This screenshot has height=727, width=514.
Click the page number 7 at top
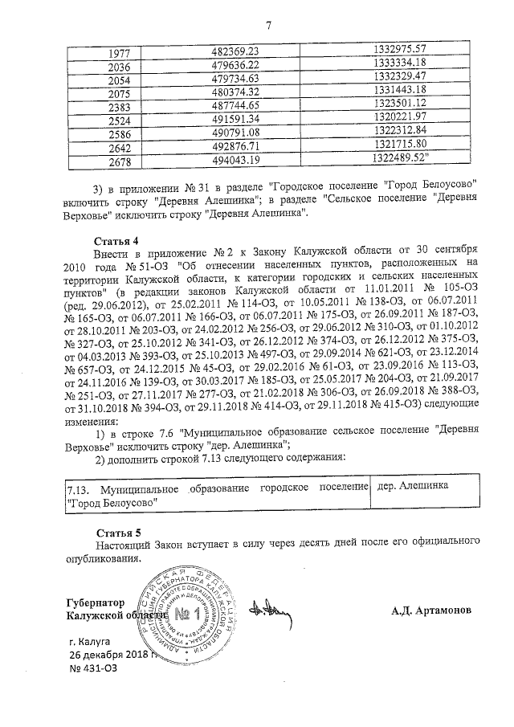(x=269, y=28)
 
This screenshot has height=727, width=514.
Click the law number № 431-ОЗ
(x=93, y=668)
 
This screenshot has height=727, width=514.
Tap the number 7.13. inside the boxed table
(x=78, y=488)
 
